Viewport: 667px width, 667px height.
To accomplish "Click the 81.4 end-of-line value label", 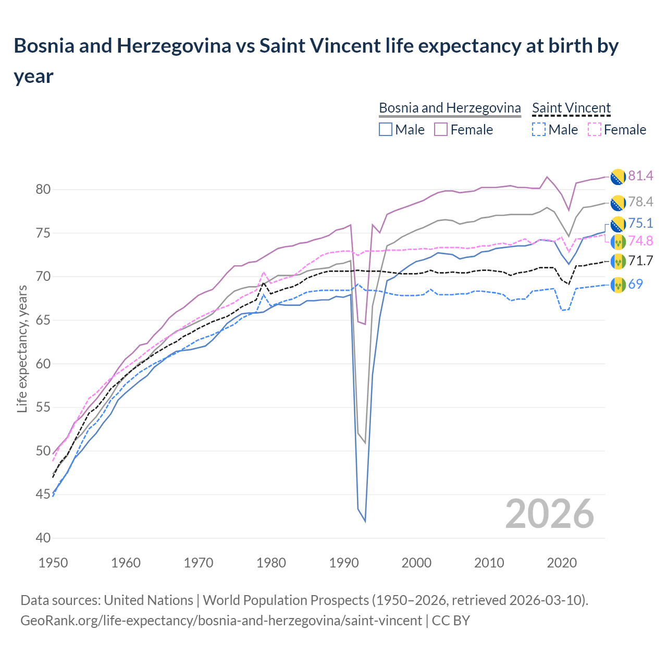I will point(640,176).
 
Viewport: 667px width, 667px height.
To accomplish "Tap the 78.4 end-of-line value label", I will point(640,202).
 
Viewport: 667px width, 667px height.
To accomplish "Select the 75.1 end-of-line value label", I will point(640,224).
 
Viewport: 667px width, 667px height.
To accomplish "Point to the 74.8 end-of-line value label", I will point(640,241).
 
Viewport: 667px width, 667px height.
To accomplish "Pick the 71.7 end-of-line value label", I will point(640,261).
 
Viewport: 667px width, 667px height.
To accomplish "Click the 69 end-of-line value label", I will point(636,284).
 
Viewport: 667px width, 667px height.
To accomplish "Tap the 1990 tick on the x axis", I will point(344,563).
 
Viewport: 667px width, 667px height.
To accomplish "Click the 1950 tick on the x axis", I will point(54,563).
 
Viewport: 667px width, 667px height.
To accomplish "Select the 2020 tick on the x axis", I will point(562,563).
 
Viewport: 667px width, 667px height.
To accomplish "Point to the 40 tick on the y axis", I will point(43,538).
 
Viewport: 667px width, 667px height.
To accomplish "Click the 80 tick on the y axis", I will point(43,190).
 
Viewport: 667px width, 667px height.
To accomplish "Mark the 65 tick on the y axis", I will point(43,320).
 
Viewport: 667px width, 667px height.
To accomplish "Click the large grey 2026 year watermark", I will point(550,514).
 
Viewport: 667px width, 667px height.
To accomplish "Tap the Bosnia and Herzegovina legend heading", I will point(450,108).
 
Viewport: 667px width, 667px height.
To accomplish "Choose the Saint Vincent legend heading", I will point(571,108).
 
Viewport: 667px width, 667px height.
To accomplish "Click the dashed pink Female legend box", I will point(594,129).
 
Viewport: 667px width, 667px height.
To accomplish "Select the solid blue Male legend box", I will point(386,129).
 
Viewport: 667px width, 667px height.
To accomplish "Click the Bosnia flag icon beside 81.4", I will point(618,177).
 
